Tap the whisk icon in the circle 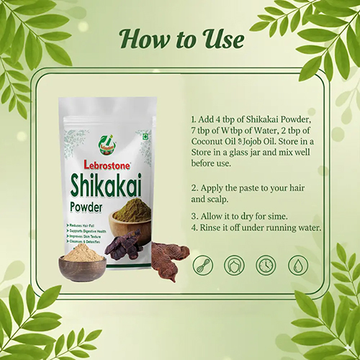click(204, 265)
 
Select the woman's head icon click(235, 265)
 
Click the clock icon click(266, 265)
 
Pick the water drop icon click(297, 265)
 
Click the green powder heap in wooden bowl click(130, 214)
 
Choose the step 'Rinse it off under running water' click(256, 228)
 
